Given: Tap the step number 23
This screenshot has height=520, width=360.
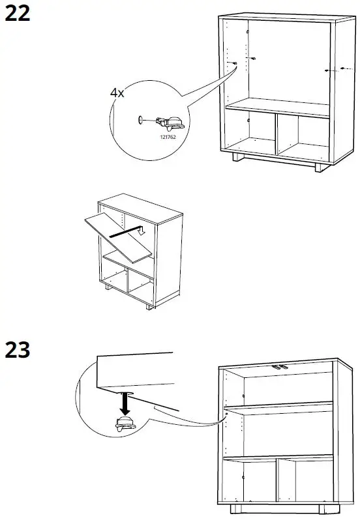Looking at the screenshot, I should [18, 350].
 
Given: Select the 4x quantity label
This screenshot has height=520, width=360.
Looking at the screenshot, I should [117, 93].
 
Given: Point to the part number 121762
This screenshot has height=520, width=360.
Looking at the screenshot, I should [168, 137].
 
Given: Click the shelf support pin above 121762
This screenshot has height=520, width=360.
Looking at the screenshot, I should [171, 121].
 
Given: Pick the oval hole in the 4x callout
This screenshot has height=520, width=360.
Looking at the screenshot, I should [140, 120].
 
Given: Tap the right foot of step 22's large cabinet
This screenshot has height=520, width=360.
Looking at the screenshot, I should [318, 166].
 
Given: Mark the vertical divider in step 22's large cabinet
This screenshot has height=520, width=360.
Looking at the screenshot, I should [277, 136].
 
